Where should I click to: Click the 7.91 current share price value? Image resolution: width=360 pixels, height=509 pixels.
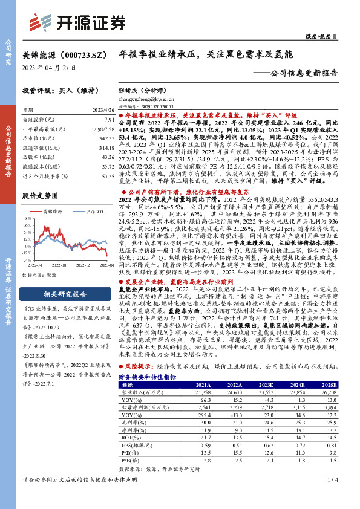[108, 120]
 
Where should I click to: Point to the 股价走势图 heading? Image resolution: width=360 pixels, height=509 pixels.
[42, 196]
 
